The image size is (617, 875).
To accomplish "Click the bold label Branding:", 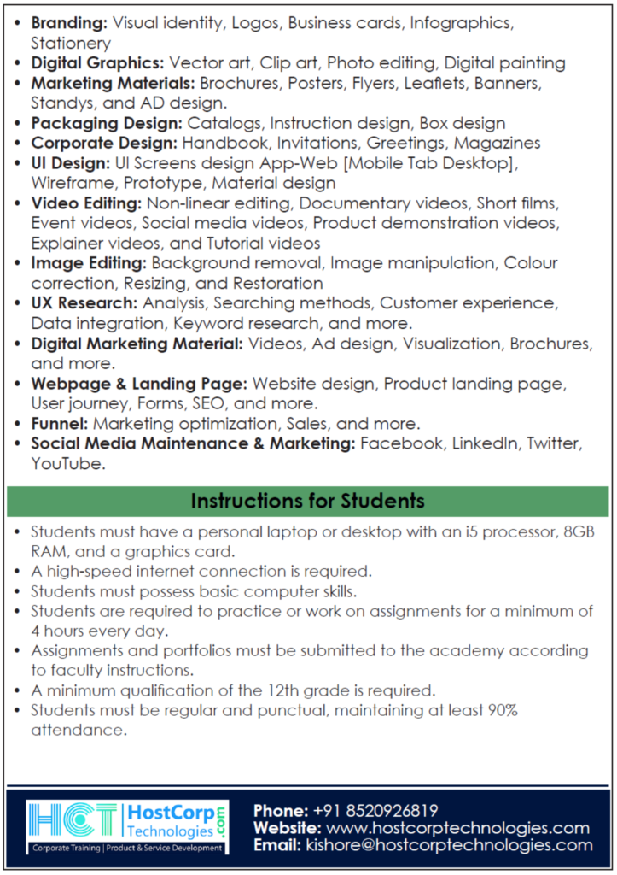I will click(69, 23).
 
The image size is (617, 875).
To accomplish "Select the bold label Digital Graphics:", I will click(97, 62).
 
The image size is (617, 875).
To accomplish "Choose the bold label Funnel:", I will click(60, 424).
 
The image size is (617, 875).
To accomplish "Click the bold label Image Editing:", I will click(89, 263).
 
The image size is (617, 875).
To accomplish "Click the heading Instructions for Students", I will click(307, 501).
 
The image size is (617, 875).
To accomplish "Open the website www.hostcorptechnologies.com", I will click(457, 828).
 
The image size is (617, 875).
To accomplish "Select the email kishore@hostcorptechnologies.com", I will click(447, 845).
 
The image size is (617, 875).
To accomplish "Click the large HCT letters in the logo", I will click(74, 822).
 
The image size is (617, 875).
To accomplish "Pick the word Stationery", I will click(71, 43).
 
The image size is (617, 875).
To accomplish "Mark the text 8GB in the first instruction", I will click(578, 532).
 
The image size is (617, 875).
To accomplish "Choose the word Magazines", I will click(497, 143).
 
